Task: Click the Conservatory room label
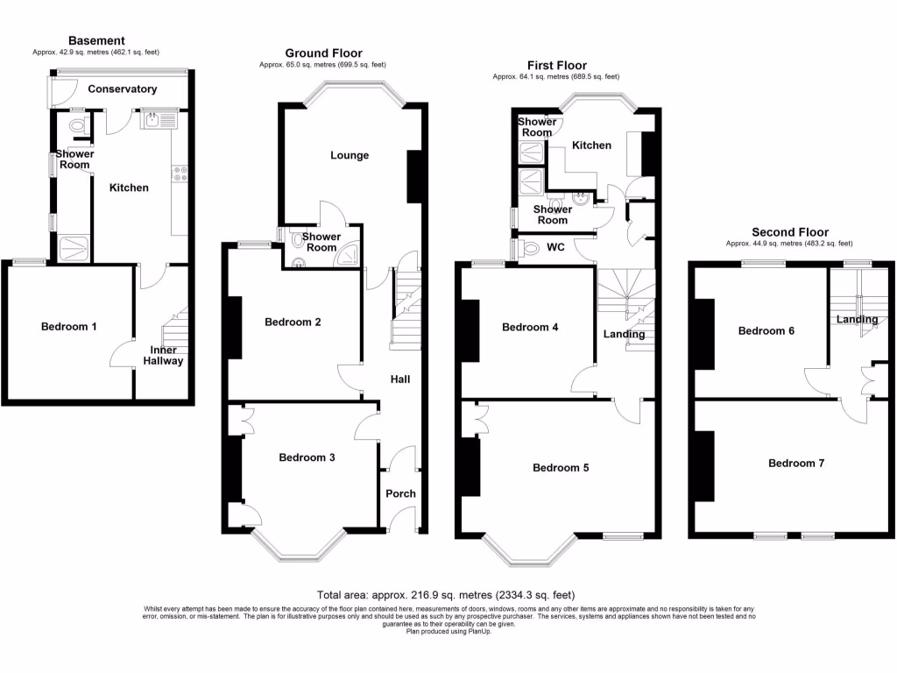pos(123,89)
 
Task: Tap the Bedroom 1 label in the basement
pos(69,327)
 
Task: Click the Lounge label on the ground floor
pos(350,155)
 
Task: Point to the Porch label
pos(401,493)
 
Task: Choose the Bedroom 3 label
pos(307,457)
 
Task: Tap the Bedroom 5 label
pos(561,468)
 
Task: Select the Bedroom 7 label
pos(796,463)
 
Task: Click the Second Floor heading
pos(789,232)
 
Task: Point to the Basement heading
pos(96,40)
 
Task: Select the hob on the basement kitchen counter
pos(181,174)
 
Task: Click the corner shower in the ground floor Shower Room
pos(350,255)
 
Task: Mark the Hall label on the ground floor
pos(400,379)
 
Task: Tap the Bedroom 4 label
pos(530,328)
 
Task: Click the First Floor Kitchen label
pos(591,145)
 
